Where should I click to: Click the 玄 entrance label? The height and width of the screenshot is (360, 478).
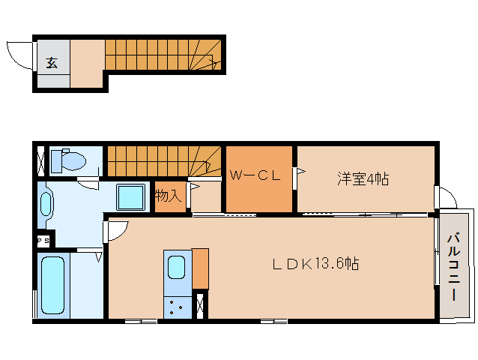tap(52, 63)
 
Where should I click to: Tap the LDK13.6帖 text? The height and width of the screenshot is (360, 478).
tap(314, 263)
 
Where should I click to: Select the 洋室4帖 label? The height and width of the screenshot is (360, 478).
tap(362, 178)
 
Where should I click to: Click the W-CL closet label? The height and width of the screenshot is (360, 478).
tap(255, 176)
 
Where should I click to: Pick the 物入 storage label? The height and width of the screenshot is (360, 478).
tap(168, 196)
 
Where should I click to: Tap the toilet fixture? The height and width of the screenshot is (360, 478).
tap(72, 160)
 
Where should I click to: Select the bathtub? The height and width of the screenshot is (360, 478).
tap(52, 286)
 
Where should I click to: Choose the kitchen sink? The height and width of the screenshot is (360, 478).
tap(177, 267)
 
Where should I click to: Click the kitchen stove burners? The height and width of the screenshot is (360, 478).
tap(177, 307)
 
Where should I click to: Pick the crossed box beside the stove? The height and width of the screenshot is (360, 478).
tap(199, 306)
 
